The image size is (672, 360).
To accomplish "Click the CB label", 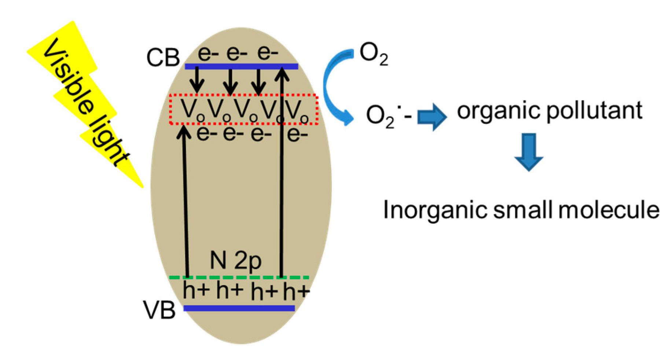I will point(163,58).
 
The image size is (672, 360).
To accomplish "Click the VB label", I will point(159,310).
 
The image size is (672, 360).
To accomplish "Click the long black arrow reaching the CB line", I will point(281,172).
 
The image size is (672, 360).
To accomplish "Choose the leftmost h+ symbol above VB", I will point(196,291).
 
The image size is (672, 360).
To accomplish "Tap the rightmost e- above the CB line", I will point(268,53).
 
